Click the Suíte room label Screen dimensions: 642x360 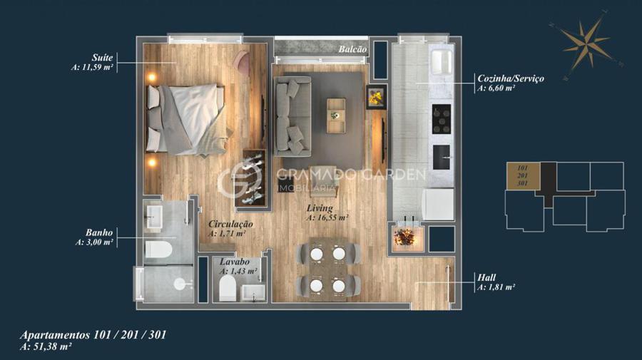tap(102, 57)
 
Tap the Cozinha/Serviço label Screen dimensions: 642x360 tap(511, 78)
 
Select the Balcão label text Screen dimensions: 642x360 tap(352, 49)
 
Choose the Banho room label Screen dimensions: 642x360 tap(99, 232)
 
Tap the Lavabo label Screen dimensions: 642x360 tap(234, 262)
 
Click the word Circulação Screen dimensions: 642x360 tap(230, 224)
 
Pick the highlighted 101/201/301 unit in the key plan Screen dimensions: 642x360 tap(524, 176)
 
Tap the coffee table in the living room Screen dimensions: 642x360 tap(336, 115)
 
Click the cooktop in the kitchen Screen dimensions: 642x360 tap(442, 119)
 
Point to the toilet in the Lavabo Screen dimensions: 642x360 tap(228, 287)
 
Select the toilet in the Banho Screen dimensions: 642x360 tap(158, 250)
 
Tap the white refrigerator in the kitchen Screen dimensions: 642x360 tap(438, 204)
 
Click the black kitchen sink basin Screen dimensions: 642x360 tap(442, 157)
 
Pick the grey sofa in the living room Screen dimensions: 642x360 tap(292, 115)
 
